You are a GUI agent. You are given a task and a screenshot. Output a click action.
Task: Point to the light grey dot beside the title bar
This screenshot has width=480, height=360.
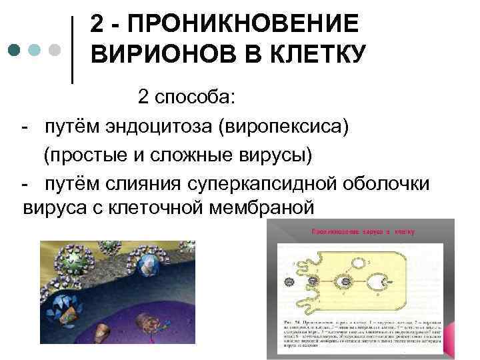pyautogui.click(x=55, y=50)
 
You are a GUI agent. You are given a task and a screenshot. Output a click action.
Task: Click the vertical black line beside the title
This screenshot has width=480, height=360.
pyautogui.click(x=72, y=50)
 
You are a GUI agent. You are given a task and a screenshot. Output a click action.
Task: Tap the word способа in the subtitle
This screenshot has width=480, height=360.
pyautogui.click(x=197, y=98)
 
